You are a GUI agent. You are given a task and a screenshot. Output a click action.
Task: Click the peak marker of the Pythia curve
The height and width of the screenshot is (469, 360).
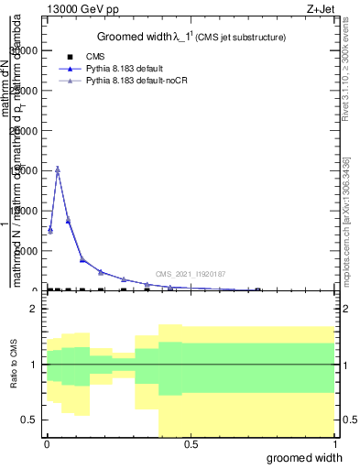[58, 169]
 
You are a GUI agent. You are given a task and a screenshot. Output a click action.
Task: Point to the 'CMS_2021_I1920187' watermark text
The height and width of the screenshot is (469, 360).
[190, 274]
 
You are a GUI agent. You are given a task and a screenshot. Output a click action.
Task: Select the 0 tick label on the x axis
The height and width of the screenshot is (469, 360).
[46, 445]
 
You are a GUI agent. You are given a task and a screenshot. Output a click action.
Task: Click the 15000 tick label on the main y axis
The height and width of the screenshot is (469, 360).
[25, 170]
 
